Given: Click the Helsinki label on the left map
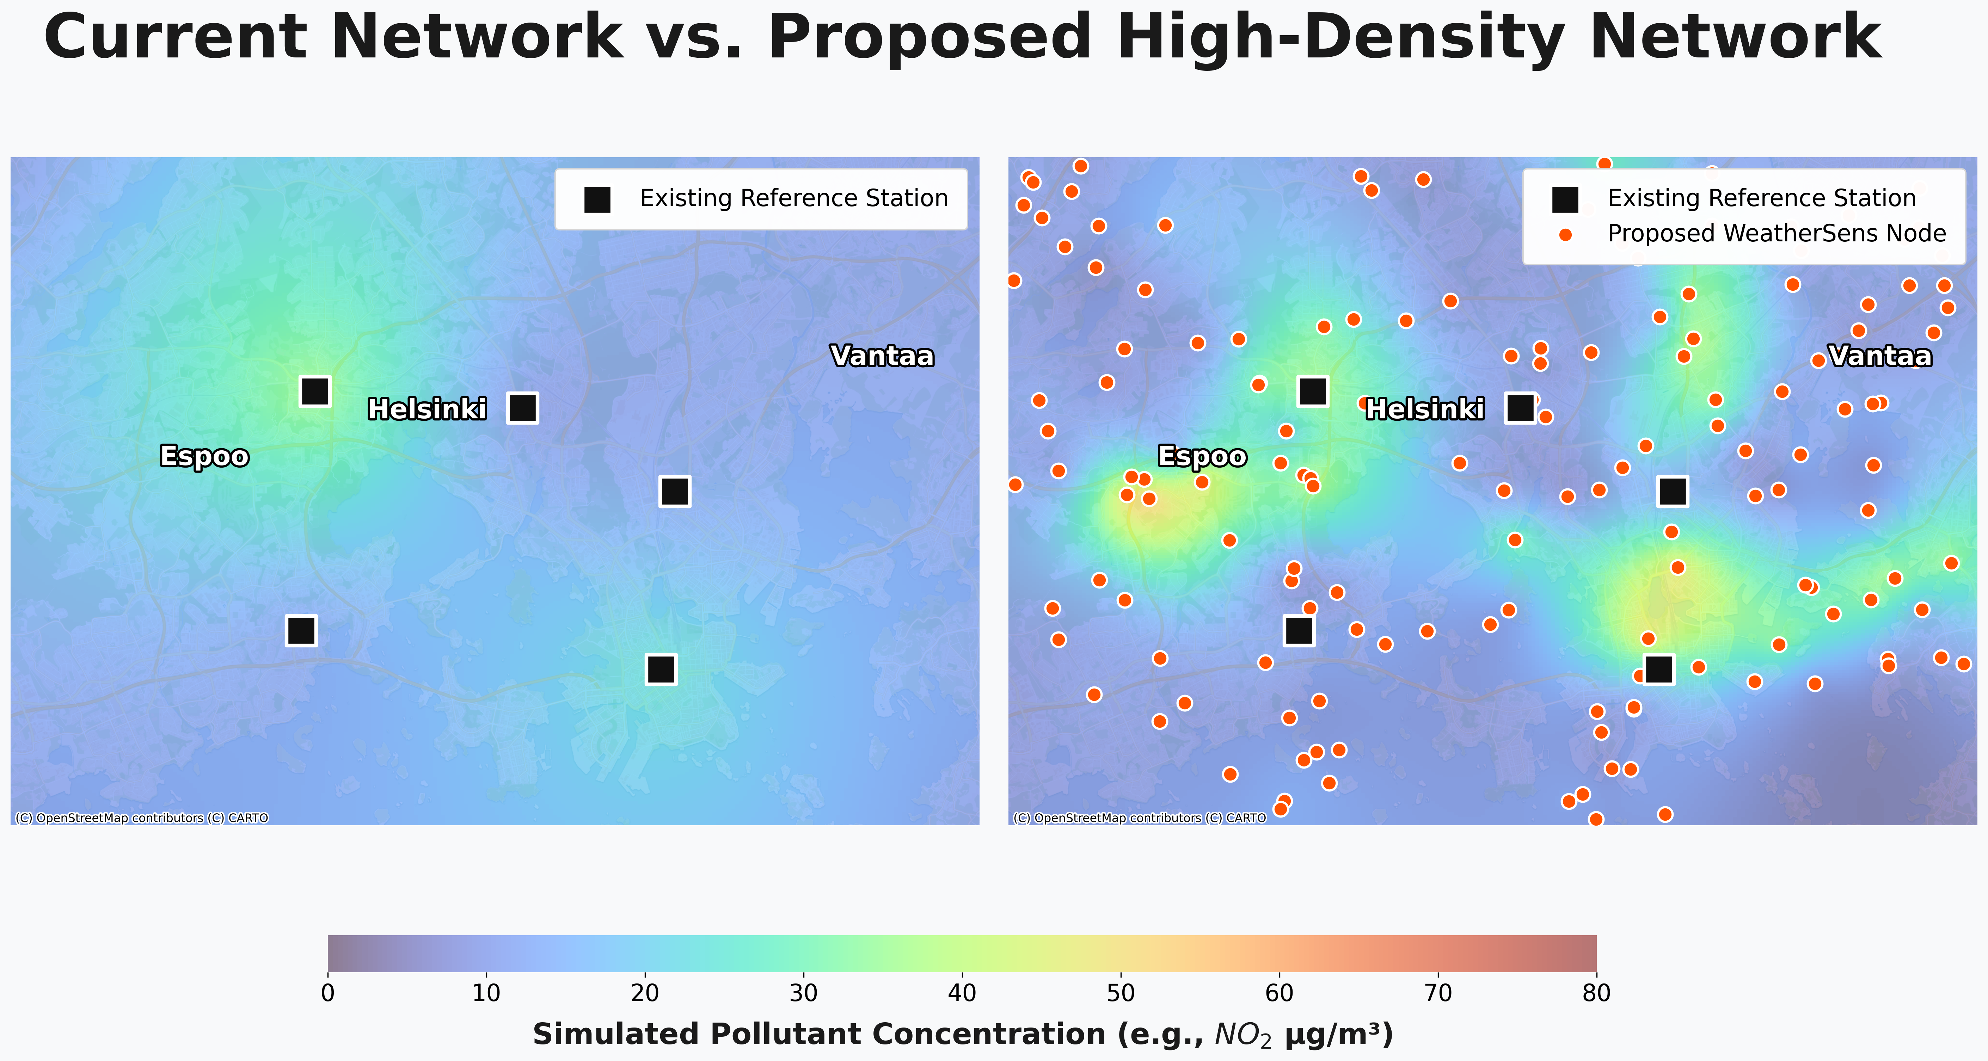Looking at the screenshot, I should click(x=427, y=409).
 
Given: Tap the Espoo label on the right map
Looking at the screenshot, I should click(x=1202, y=457).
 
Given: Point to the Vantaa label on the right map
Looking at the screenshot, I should click(x=1880, y=357).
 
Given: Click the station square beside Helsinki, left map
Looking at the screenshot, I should click(x=522, y=407).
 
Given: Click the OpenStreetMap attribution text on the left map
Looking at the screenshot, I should click(x=142, y=818).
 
